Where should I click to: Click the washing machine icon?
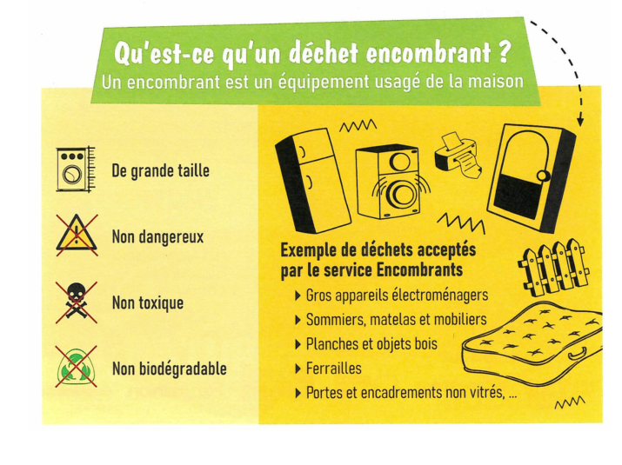[76, 169]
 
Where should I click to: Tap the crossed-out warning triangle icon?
[77, 235]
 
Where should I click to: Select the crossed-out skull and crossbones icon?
[77, 302]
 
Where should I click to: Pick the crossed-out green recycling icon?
[77, 366]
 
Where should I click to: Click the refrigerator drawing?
[312, 181]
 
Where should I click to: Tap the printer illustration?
[458, 156]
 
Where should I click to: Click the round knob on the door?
[543, 175]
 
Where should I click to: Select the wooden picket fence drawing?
[554, 267]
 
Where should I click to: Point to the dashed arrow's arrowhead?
[580, 121]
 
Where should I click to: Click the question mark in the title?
[503, 52]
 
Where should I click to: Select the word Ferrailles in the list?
[333, 369]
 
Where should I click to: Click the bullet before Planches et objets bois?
[298, 344]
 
